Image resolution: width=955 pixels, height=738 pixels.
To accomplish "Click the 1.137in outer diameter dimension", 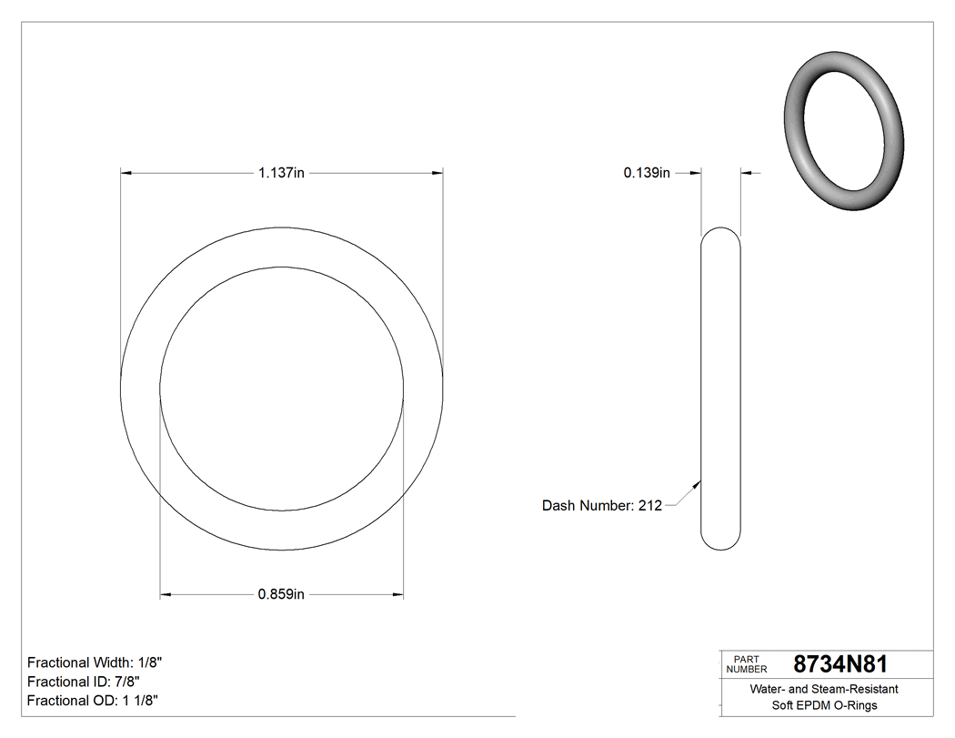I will click(x=281, y=173).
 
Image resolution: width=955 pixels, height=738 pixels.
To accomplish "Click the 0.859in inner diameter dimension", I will click(x=281, y=595).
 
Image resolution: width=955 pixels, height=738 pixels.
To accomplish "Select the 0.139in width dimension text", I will click(x=647, y=173).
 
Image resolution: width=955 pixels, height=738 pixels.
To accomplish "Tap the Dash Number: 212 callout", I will click(x=602, y=506).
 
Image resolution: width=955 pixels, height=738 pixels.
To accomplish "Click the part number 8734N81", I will click(x=840, y=664).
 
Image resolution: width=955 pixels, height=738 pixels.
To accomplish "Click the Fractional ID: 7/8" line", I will click(x=84, y=682).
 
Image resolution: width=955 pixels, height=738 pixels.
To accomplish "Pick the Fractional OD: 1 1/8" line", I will click(x=94, y=701).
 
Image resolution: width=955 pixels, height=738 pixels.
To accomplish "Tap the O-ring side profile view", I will click(x=721, y=389).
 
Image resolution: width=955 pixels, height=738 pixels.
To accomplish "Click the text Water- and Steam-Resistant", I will click(x=823, y=690).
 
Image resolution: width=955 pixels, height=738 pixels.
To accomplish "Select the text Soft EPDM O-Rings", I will click(x=823, y=705).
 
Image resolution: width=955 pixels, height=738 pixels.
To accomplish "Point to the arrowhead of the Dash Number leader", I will click(x=699, y=484).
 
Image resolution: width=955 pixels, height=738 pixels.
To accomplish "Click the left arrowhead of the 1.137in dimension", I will click(x=126, y=173).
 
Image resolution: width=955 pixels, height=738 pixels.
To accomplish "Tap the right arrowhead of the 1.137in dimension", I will click(x=437, y=173).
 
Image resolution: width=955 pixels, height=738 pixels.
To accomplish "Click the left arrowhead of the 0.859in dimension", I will click(x=166, y=595).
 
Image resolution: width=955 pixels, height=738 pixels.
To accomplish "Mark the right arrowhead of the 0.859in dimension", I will click(x=398, y=595).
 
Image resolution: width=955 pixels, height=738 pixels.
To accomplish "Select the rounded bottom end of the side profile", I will click(x=721, y=544).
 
